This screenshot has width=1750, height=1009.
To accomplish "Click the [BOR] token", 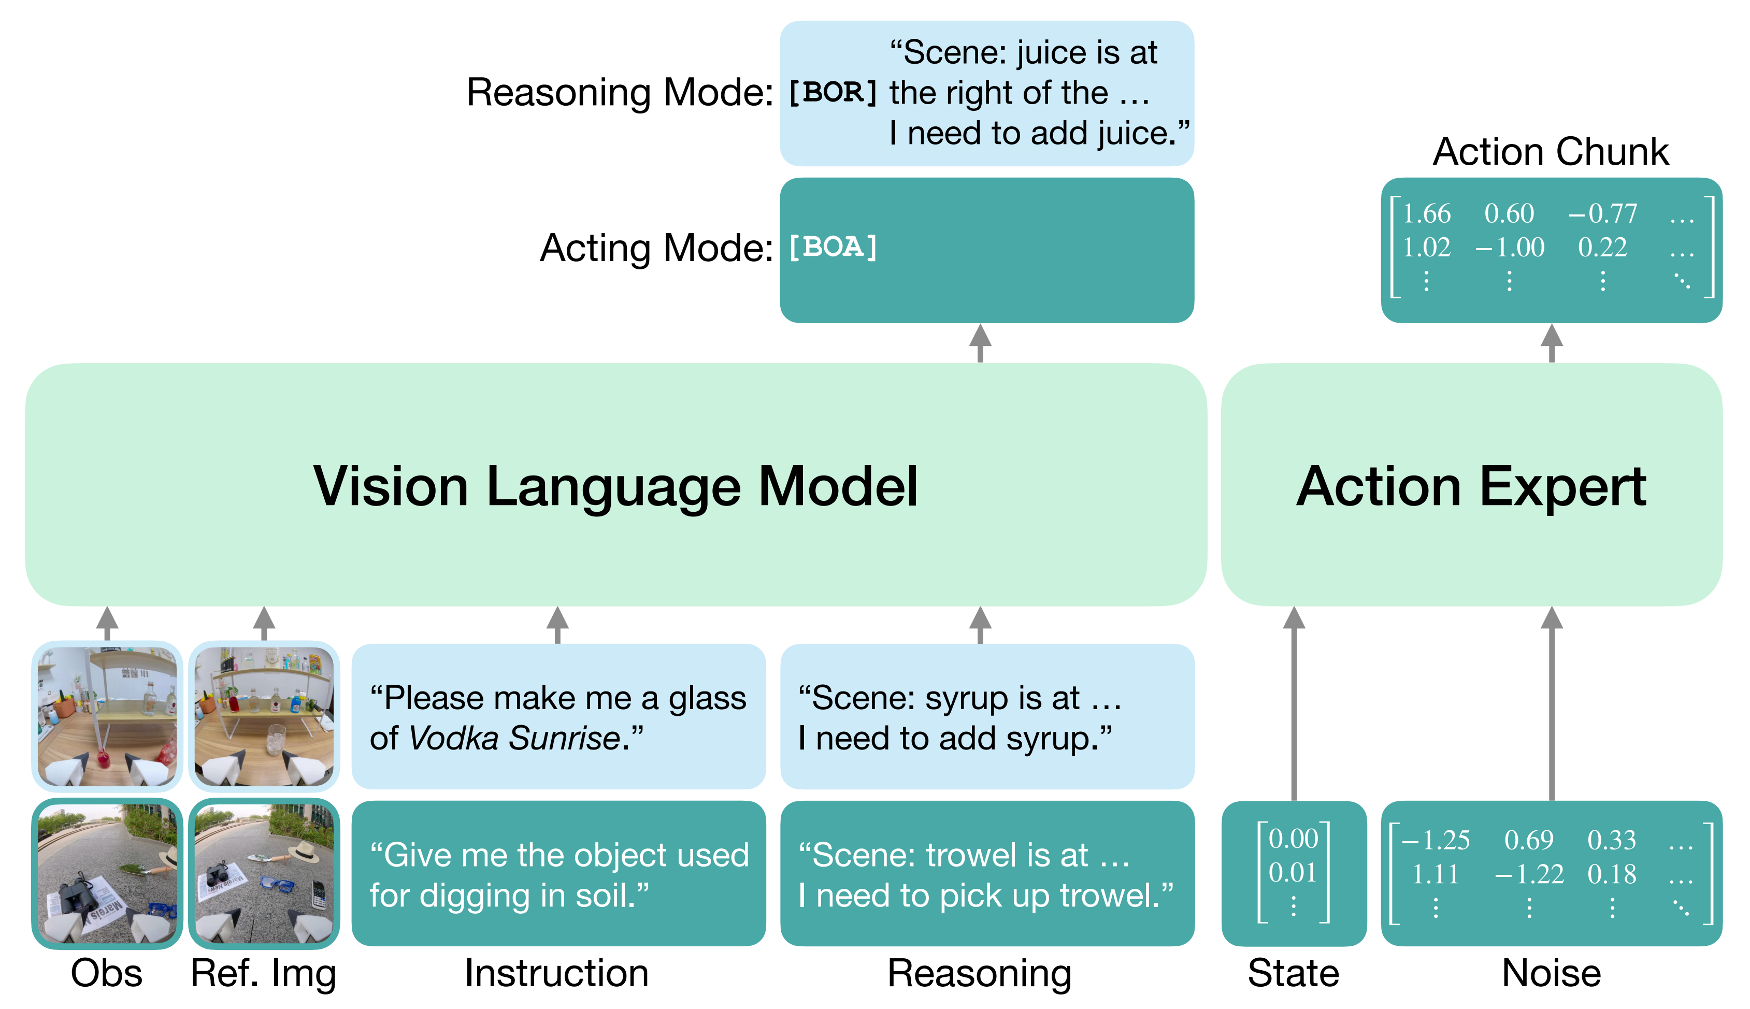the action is [833, 92].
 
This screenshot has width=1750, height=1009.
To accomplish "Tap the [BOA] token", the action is [833, 247].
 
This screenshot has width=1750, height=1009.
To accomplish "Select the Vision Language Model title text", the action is [615, 488].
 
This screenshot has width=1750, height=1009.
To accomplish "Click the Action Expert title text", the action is [1471, 488].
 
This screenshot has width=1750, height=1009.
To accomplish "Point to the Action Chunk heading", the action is [1551, 151].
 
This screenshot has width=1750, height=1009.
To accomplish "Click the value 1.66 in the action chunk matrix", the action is [1426, 213].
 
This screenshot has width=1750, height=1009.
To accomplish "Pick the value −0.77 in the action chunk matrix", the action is [1602, 213].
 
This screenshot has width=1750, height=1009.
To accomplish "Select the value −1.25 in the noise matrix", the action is [1436, 840].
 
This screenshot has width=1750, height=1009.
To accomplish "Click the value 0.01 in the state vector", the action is [1293, 872].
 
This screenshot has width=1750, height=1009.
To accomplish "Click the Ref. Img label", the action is [263, 974].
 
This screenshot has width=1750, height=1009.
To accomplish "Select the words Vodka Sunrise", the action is [513, 738].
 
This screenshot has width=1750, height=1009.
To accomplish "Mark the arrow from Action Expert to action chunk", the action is [1551, 343].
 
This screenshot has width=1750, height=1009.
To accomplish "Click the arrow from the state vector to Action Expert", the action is [1293, 703].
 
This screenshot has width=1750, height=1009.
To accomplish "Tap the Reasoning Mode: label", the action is [620, 92].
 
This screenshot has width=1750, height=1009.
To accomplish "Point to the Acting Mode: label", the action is [656, 248].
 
